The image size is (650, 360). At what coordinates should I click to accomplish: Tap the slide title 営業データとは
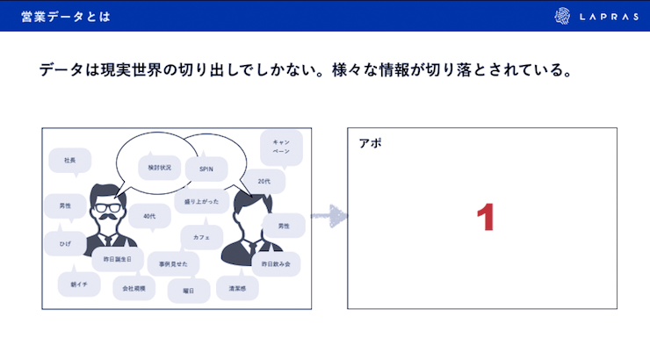click(66, 16)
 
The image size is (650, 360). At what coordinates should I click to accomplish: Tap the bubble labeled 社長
click(70, 161)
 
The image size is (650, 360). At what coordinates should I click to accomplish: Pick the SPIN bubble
click(206, 169)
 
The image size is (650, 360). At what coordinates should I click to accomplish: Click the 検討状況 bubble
click(159, 166)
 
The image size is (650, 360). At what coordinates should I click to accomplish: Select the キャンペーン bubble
click(281, 146)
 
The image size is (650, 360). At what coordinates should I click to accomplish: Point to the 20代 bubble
click(265, 182)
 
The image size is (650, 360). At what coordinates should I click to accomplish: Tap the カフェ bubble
click(202, 237)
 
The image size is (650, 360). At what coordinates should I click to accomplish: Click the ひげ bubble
click(65, 243)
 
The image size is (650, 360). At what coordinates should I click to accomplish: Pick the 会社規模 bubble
click(134, 287)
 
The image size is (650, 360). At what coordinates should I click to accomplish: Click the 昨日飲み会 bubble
click(276, 263)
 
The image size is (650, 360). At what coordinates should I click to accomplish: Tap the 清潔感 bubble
click(238, 288)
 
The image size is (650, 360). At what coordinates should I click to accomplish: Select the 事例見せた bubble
click(171, 263)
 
